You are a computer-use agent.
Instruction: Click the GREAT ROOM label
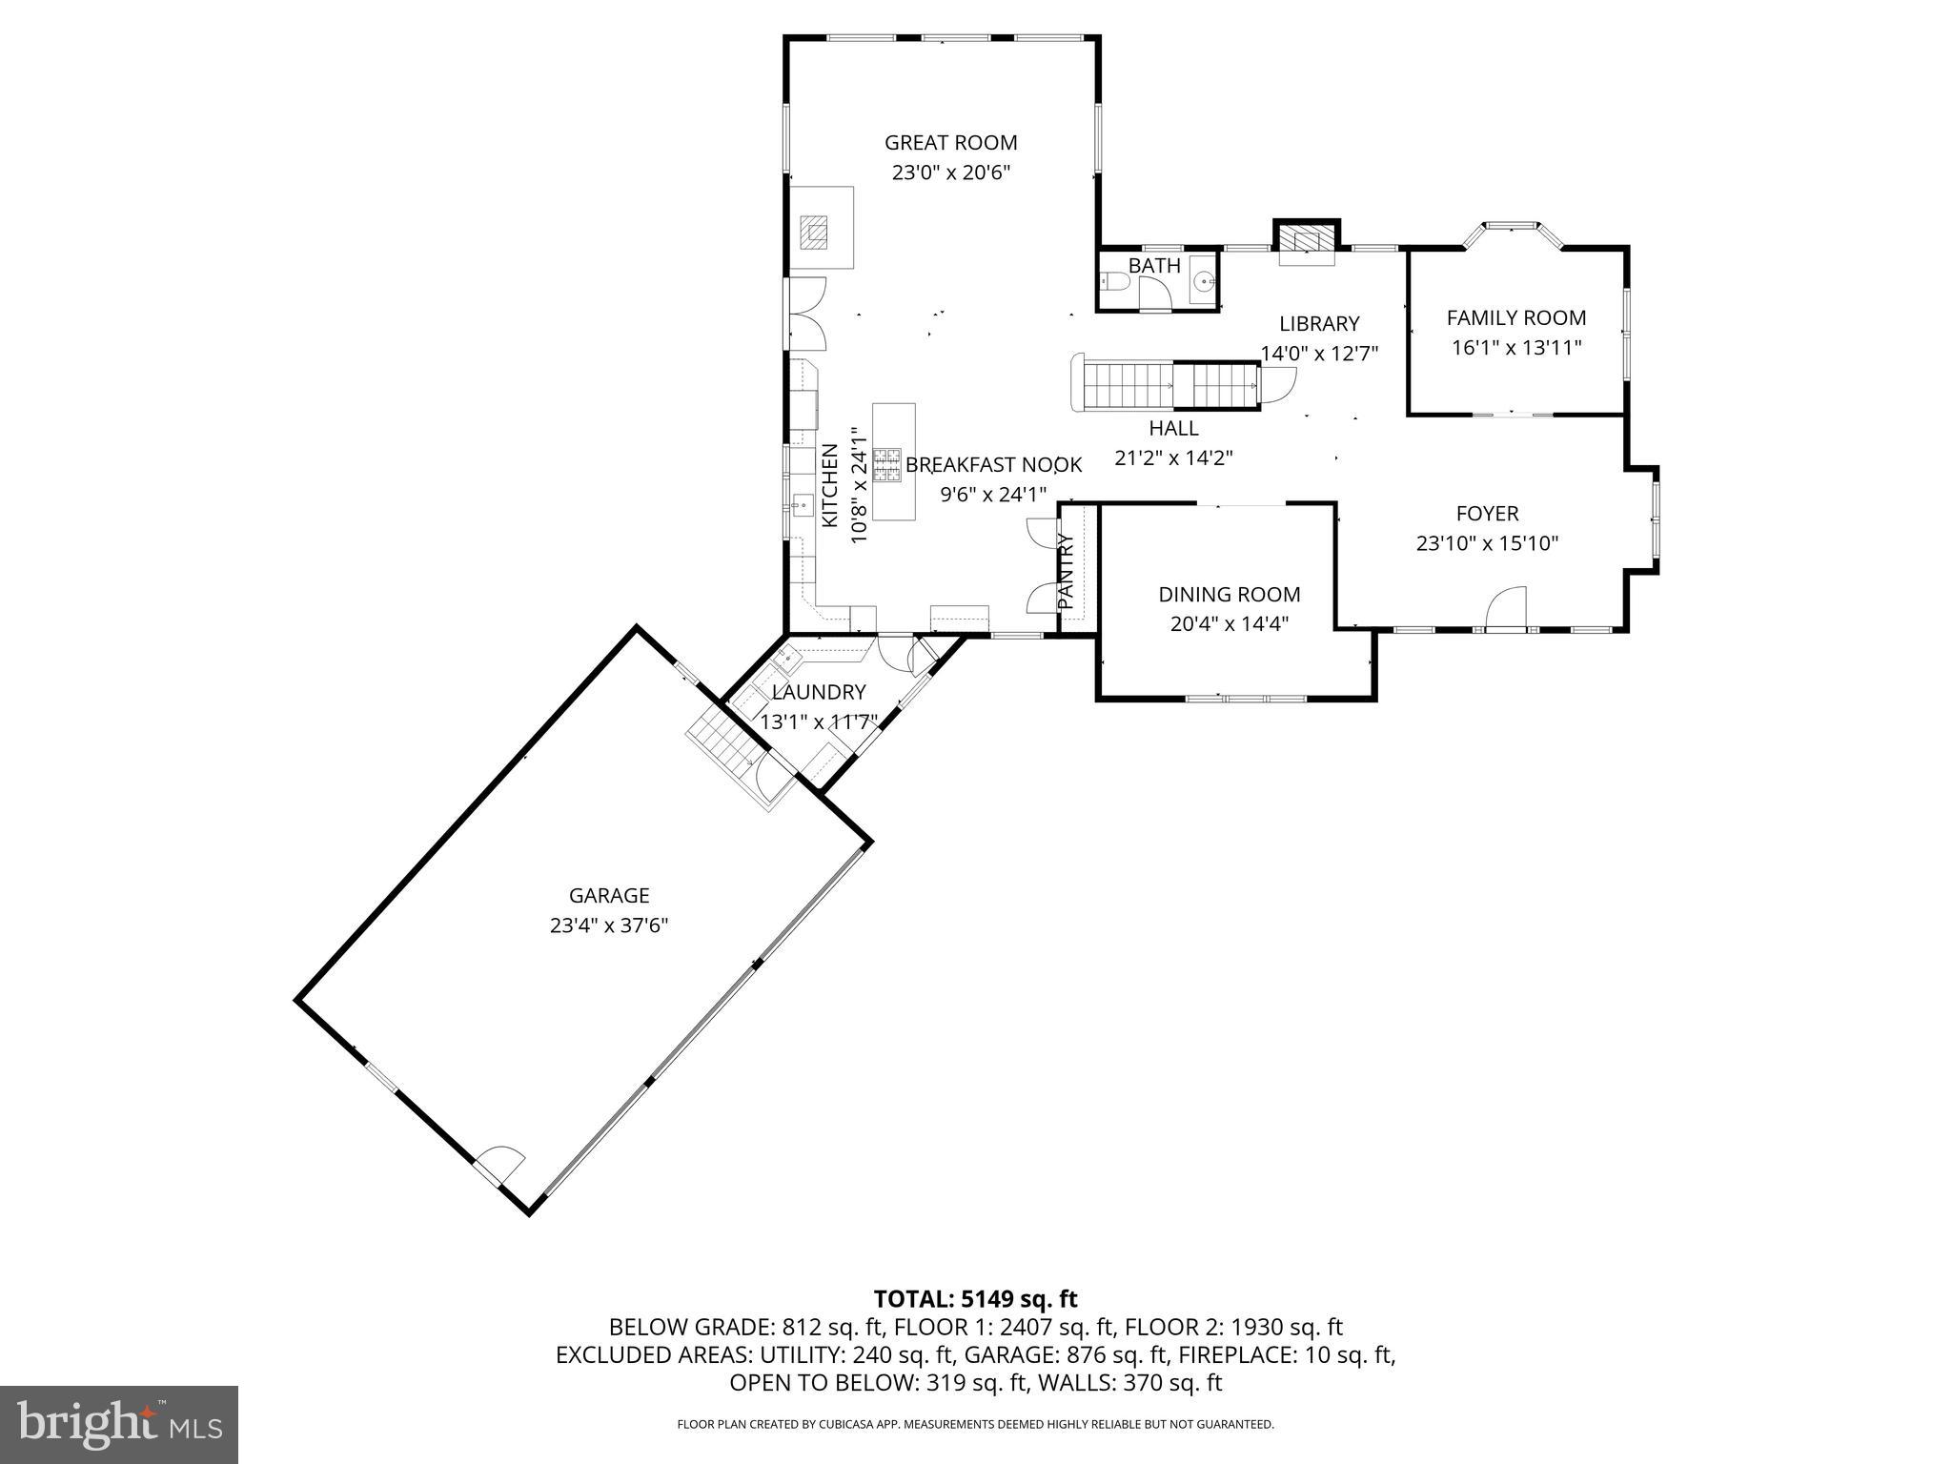950,143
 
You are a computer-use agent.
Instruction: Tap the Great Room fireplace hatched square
815,232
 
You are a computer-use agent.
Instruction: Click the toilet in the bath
1113,282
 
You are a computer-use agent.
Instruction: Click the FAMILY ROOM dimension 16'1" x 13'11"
1515,348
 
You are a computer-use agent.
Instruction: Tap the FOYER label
1487,514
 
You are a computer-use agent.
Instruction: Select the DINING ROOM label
1229,595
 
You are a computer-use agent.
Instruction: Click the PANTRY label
1067,571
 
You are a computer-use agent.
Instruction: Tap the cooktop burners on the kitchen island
886,463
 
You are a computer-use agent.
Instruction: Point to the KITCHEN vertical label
829,485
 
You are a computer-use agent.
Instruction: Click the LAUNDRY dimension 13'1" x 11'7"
818,722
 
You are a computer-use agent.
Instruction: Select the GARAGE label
609,896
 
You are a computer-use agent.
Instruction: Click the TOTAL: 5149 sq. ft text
975,1298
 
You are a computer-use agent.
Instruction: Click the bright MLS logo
119,1424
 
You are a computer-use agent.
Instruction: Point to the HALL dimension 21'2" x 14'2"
1173,458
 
